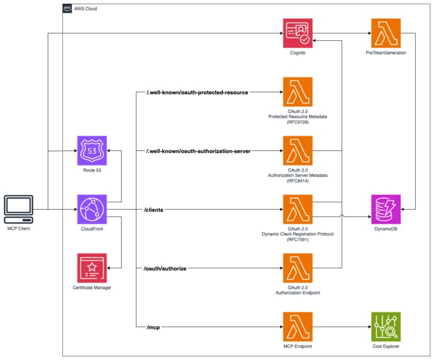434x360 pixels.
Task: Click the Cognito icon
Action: [x=298, y=33]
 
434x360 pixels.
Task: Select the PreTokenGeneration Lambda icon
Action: [x=386, y=33]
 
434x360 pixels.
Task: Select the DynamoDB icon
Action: [x=386, y=210]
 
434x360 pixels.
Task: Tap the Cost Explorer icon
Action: [x=386, y=327]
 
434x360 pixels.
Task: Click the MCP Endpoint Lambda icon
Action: [x=298, y=327]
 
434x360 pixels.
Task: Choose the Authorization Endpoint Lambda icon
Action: [x=298, y=268]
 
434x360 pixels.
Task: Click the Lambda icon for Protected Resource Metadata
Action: [x=298, y=92]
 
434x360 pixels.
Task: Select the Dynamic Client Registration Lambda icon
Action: [x=298, y=210]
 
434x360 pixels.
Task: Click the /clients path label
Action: [x=155, y=210]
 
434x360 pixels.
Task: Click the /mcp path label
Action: [x=153, y=327]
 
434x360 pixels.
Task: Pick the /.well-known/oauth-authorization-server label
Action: [x=199, y=151]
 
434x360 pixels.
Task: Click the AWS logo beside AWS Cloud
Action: [x=67, y=9]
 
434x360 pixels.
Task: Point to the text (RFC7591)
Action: [x=298, y=239]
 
